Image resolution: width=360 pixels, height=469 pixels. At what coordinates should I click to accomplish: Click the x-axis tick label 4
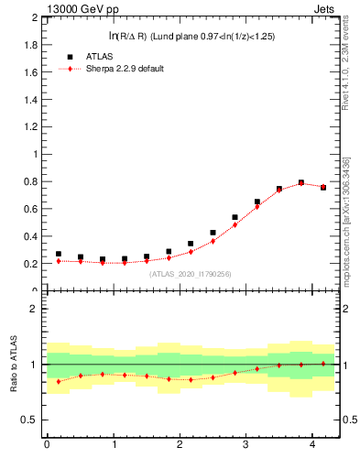(x=312, y=445)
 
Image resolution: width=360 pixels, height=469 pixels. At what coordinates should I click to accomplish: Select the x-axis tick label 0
(x=47, y=445)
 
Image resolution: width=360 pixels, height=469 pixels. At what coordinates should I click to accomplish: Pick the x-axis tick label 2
(x=180, y=445)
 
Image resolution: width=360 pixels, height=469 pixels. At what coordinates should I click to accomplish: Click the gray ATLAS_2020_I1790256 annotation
(x=191, y=273)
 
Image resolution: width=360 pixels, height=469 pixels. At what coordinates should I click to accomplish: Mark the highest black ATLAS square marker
(x=301, y=183)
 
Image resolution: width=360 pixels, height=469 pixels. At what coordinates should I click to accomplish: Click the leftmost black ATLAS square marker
(x=59, y=254)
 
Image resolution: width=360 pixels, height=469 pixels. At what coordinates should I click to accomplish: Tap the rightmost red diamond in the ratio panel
(x=323, y=364)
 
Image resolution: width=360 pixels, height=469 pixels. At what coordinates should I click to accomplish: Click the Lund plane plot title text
(x=191, y=36)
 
